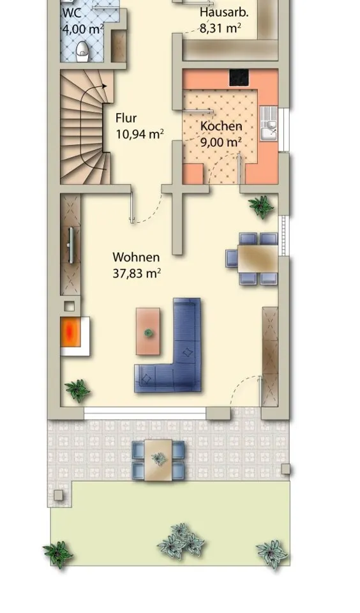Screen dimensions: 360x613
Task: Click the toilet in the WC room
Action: [82, 52]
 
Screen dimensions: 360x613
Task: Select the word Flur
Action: [126, 117]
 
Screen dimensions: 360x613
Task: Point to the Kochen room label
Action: [221, 126]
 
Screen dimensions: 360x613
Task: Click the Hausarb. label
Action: [224, 12]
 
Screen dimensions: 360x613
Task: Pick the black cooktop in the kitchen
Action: [239, 77]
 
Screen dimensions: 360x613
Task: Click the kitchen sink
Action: [269, 123]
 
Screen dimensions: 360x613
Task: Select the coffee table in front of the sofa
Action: [148, 331]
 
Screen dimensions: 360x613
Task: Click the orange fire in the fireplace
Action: [70, 331]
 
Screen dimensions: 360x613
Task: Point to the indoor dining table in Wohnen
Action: [258, 259]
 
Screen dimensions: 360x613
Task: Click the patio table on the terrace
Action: [158, 460]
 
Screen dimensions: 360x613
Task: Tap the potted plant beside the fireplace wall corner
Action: [77, 391]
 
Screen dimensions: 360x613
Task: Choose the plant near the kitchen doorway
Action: [261, 206]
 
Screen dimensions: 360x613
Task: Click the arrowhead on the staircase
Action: [105, 86]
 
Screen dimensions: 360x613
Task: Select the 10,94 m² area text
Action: [140, 134]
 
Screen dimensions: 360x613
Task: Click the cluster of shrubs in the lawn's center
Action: [181, 541]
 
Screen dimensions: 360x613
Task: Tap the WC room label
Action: [72, 13]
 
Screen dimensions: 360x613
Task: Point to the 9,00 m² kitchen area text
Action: [221, 142]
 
